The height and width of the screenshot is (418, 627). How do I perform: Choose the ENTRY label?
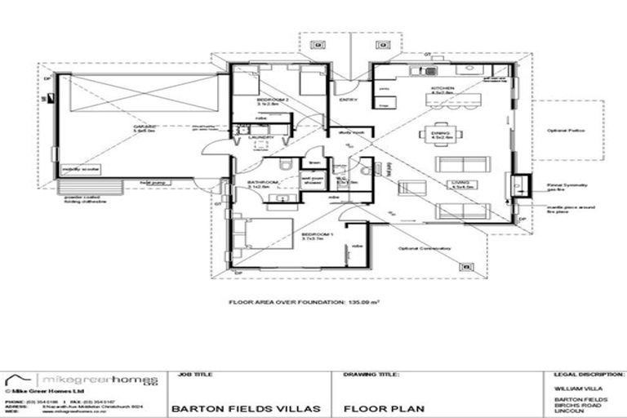point(347,100)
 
